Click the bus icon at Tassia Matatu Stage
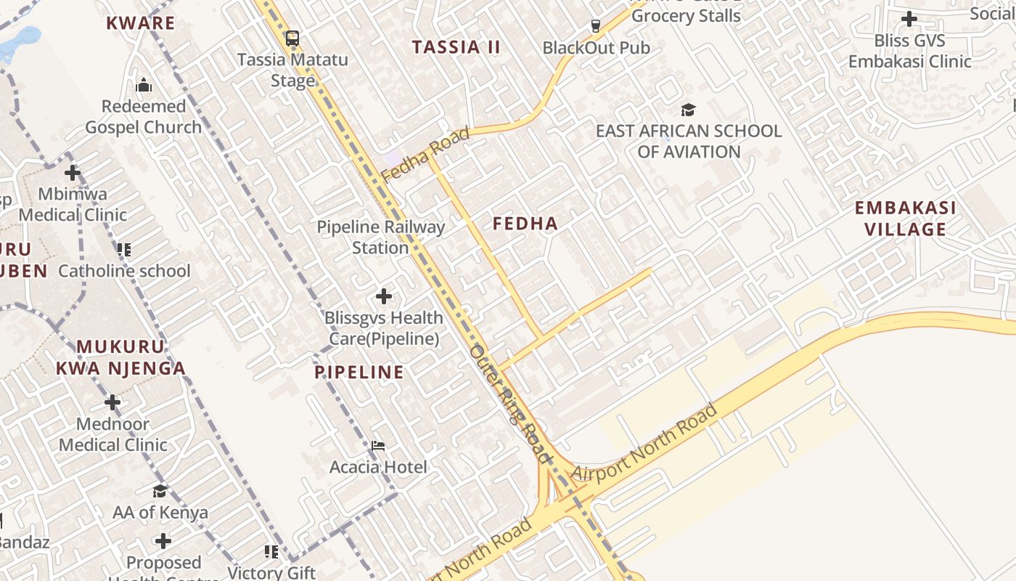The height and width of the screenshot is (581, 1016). [292, 38]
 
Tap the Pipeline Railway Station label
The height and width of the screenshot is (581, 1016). [380, 237]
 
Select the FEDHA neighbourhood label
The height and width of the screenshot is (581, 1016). [525, 224]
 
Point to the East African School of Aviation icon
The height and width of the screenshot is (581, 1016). [688, 110]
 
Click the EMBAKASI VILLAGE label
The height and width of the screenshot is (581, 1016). [905, 219]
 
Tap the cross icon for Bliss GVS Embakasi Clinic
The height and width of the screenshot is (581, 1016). [909, 19]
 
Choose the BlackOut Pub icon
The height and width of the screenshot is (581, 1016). [596, 26]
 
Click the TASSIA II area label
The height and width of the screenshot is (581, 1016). [456, 48]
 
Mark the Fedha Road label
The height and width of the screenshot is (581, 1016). [425, 155]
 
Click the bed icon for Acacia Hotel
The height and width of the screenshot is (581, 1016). [378, 445]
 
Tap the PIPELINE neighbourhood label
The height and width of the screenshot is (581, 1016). [359, 373]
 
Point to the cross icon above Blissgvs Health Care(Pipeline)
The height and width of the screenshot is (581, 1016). [384, 296]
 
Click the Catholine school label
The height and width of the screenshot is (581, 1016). [124, 272]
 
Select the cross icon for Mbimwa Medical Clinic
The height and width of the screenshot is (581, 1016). [72, 173]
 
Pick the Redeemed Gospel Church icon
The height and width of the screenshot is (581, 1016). [143, 85]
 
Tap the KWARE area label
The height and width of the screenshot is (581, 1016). [141, 23]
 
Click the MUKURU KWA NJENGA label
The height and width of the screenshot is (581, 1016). [121, 357]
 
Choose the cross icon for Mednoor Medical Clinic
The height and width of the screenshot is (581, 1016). [112, 402]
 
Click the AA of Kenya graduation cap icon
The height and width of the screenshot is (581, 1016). [160, 491]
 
